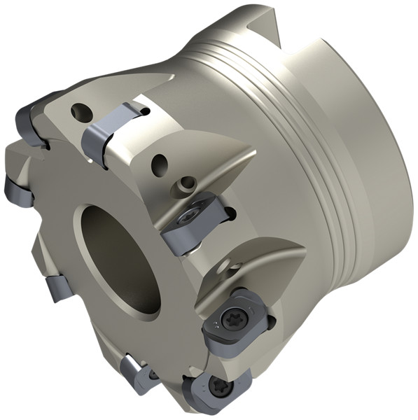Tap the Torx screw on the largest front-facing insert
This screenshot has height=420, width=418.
232,318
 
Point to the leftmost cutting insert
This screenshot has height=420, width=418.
18,189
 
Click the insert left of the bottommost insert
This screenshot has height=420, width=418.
141,374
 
